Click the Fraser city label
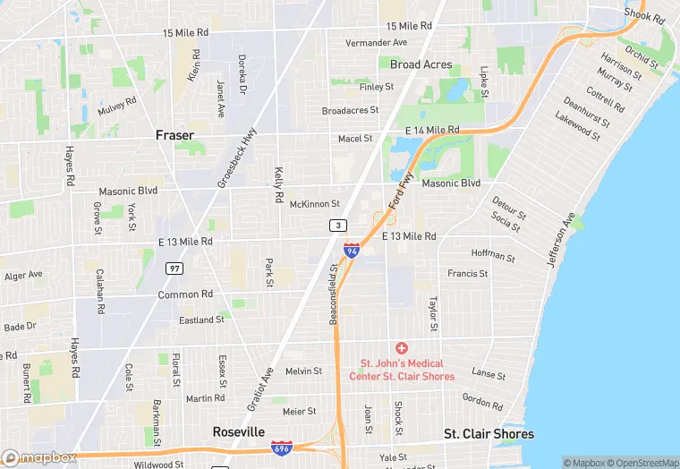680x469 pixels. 174,135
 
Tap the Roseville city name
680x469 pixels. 239,431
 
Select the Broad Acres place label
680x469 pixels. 421,64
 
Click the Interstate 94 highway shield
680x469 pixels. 352,250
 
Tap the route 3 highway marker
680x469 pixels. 336,225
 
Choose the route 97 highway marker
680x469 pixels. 174,268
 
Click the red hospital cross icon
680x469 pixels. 402,347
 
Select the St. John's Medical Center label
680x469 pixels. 407,370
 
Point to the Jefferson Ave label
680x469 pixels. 561,238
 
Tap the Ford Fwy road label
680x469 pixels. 402,193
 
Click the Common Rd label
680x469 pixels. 185,294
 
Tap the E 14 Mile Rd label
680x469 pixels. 431,131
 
